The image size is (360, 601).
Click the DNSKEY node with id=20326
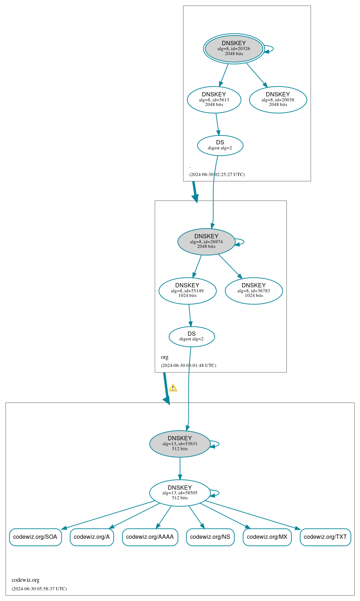tap(234, 49)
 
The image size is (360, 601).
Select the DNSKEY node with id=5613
tap(214, 100)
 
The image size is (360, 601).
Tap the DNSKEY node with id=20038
tap(278, 100)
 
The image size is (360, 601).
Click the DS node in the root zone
tap(220, 145)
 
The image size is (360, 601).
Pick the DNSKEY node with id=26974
tap(206, 241)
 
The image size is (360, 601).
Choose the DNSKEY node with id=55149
tap(187, 291)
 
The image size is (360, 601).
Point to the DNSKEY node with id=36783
tap(254, 291)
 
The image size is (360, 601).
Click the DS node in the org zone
tap(192, 336)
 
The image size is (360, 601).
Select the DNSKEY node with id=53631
tap(180, 443)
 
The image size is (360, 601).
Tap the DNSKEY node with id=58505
tap(180, 493)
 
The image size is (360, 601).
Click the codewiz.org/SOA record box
tap(35, 537)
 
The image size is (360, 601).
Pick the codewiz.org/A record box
tap(92, 537)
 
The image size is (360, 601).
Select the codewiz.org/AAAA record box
tap(150, 537)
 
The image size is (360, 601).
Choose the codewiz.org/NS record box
tap(210, 537)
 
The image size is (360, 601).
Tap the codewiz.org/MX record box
tap(267, 537)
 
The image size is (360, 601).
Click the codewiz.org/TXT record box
tap(325, 537)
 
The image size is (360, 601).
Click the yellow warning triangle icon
tap(173, 388)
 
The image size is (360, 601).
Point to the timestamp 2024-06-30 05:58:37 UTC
tap(39, 589)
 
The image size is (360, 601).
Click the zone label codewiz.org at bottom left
tap(26, 580)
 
